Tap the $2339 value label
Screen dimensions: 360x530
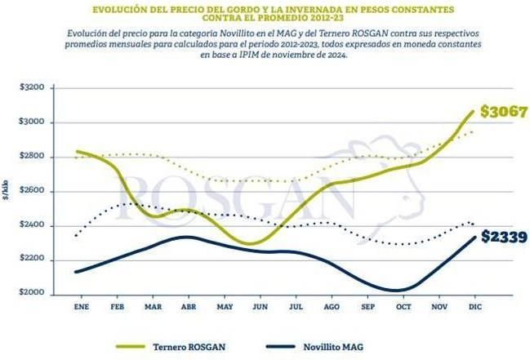[505, 238]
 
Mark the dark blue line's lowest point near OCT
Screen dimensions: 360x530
[398, 290]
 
